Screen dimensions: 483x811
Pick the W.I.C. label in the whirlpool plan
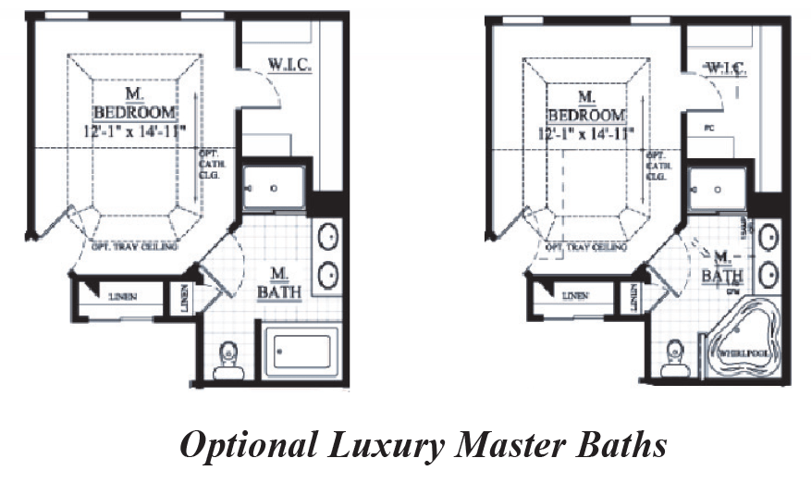(x=725, y=68)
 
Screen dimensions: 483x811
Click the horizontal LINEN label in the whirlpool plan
(x=574, y=296)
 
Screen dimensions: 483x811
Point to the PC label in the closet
(x=707, y=127)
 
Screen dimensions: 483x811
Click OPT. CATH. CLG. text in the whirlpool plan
(x=657, y=165)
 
